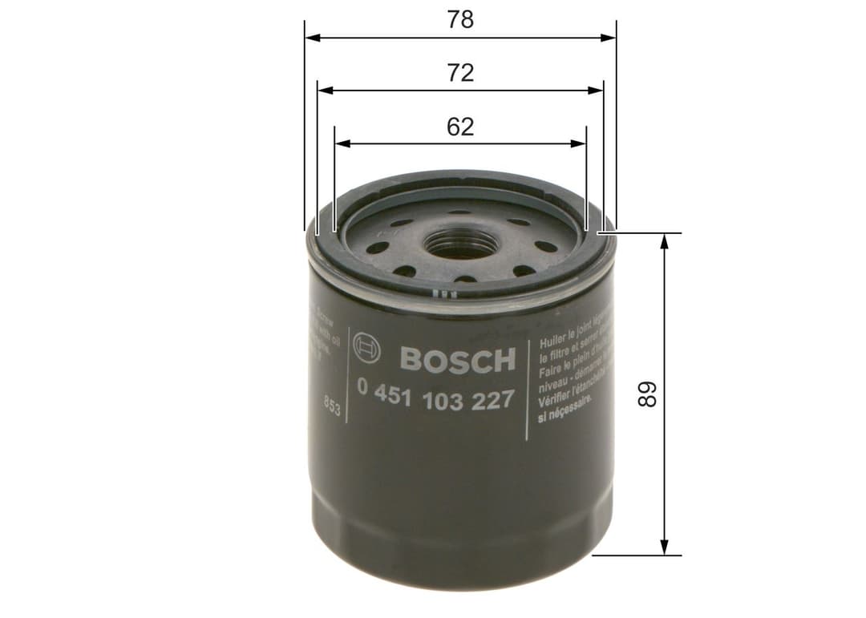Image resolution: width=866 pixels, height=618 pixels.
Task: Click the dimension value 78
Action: point(460,20)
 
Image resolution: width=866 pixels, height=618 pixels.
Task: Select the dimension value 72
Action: point(460,73)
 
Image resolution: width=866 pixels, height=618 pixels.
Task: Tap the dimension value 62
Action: point(460,127)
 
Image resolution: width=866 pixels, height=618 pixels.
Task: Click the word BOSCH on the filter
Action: point(457,360)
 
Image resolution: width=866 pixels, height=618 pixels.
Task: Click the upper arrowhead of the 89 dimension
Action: point(664,241)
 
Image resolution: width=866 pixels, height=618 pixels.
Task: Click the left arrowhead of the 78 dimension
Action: point(312,37)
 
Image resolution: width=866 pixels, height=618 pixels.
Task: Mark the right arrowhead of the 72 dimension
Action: point(597,91)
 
